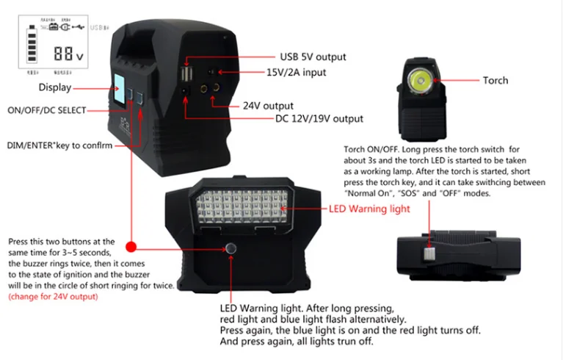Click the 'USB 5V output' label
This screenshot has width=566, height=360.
point(313,57)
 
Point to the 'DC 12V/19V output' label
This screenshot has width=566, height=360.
point(319,118)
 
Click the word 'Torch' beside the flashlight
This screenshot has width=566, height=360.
point(495,80)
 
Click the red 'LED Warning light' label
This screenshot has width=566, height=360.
point(369,209)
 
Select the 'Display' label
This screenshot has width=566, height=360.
point(55,87)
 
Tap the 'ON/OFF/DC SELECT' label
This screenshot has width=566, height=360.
point(46,110)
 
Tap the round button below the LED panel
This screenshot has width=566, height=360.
point(231,248)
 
